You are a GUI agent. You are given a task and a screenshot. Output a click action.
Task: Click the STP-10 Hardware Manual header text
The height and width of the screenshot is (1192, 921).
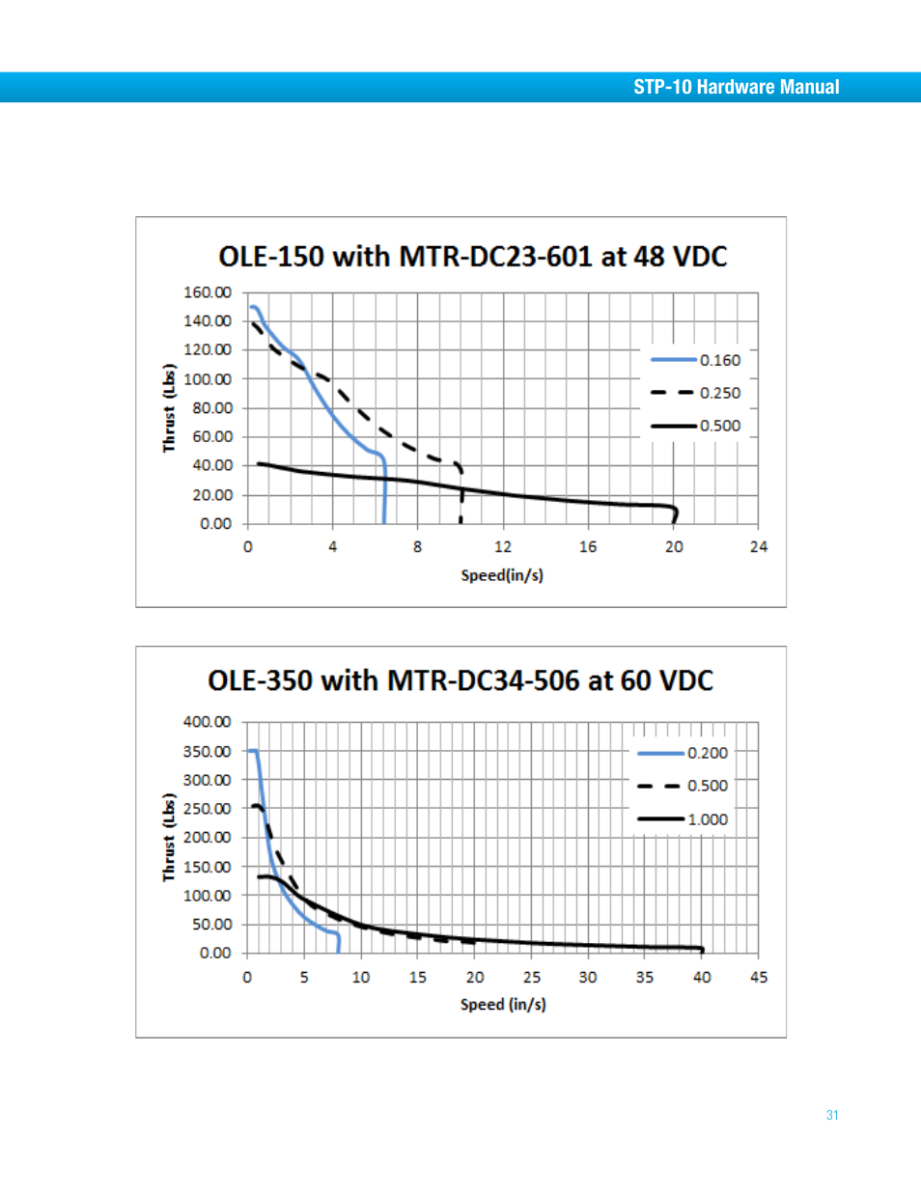(x=736, y=87)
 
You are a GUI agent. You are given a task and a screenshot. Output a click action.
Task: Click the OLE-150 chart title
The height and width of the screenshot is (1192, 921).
(x=472, y=257)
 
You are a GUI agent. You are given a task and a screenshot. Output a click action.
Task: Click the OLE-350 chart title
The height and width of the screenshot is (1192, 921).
(x=460, y=680)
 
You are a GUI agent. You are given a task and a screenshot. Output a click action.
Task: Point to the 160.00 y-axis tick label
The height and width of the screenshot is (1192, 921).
(x=208, y=292)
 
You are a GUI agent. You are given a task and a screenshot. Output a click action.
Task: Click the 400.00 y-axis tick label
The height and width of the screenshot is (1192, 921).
(x=207, y=722)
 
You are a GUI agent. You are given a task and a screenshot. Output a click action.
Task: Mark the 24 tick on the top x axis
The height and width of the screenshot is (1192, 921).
(x=759, y=547)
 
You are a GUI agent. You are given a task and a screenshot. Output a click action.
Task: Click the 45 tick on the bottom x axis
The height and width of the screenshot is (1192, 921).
(x=759, y=977)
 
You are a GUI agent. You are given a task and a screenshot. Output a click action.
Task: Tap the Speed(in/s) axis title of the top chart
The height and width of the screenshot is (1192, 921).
(x=502, y=575)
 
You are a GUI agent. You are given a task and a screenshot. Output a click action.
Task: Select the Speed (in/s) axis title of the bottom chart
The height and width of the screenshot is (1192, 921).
(x=503, y=1005)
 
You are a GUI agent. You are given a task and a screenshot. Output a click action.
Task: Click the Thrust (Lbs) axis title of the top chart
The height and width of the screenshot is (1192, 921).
(x=169, y=407)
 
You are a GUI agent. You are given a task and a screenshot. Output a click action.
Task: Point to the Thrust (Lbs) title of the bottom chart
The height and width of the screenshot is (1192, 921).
(x=169, y=837)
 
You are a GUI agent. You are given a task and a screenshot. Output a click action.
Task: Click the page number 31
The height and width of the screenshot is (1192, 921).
(x=832, y=1115)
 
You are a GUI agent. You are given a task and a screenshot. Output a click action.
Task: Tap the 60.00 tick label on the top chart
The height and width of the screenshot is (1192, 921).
(x=211, y=436)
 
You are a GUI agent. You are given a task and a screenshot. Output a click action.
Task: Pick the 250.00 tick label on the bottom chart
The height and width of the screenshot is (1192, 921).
(x=207, y=809)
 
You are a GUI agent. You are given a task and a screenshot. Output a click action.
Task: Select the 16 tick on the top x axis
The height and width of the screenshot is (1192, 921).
(x=588, y=547)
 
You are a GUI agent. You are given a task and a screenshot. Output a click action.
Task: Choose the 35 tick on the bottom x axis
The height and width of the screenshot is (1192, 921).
(x=645, y=977)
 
